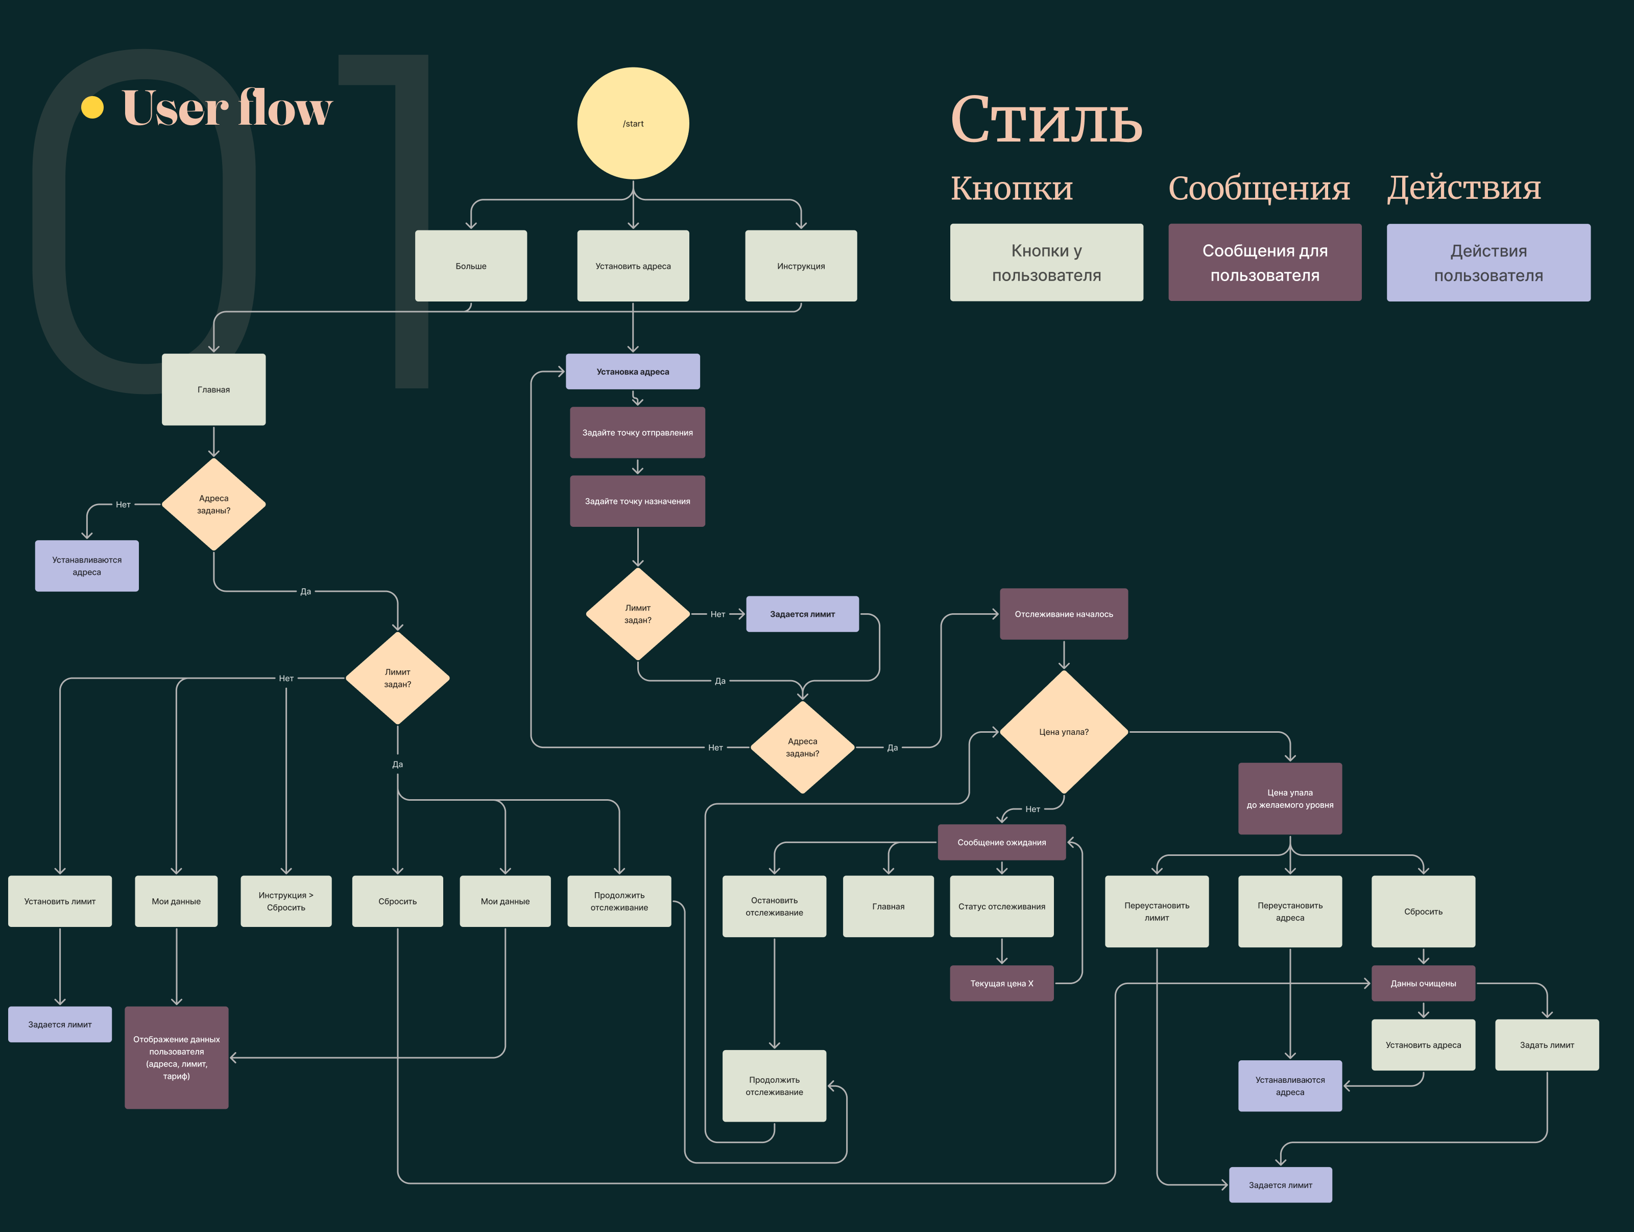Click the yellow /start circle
[x=633, y=124]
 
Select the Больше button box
[x=471, y=266]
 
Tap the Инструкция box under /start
[x=801, y=266]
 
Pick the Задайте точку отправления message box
[x=637, y=432]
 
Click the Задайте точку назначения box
[x=637, y=501]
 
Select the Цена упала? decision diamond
[x=1064, y=732]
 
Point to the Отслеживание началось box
[x=1064, y=614]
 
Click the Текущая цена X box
[x=1002, y=984]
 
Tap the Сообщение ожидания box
[x=1002, y=843]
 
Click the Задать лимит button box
[x=1547, y=1045]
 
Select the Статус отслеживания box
[x=1002, y=907]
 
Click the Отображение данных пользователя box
[x=177, y=1058]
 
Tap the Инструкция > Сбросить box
[x=286, y=901]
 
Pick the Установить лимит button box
[x=60, y=901]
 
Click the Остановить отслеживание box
[x=774, y=907]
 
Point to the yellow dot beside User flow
[x=92, y=107]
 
